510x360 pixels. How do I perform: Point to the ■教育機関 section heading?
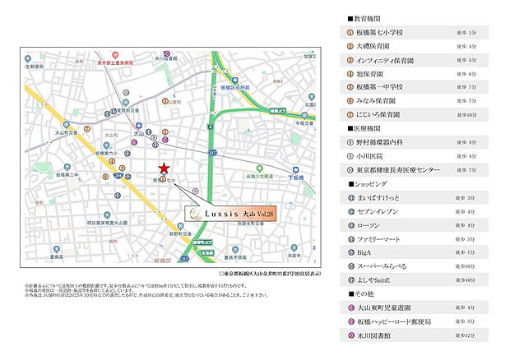tap(366, 19)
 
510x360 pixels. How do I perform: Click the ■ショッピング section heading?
tap(370, 183)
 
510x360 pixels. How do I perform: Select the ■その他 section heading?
tap(363, 293)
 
